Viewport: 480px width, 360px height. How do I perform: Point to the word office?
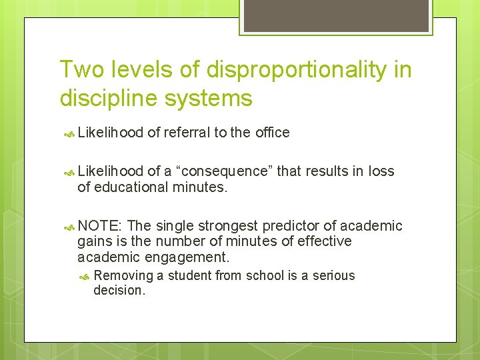272,132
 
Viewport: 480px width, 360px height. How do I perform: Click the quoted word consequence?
223,171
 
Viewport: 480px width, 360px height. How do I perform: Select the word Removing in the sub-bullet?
124,275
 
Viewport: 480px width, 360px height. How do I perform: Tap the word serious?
333,275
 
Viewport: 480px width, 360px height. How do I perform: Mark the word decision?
119,290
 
